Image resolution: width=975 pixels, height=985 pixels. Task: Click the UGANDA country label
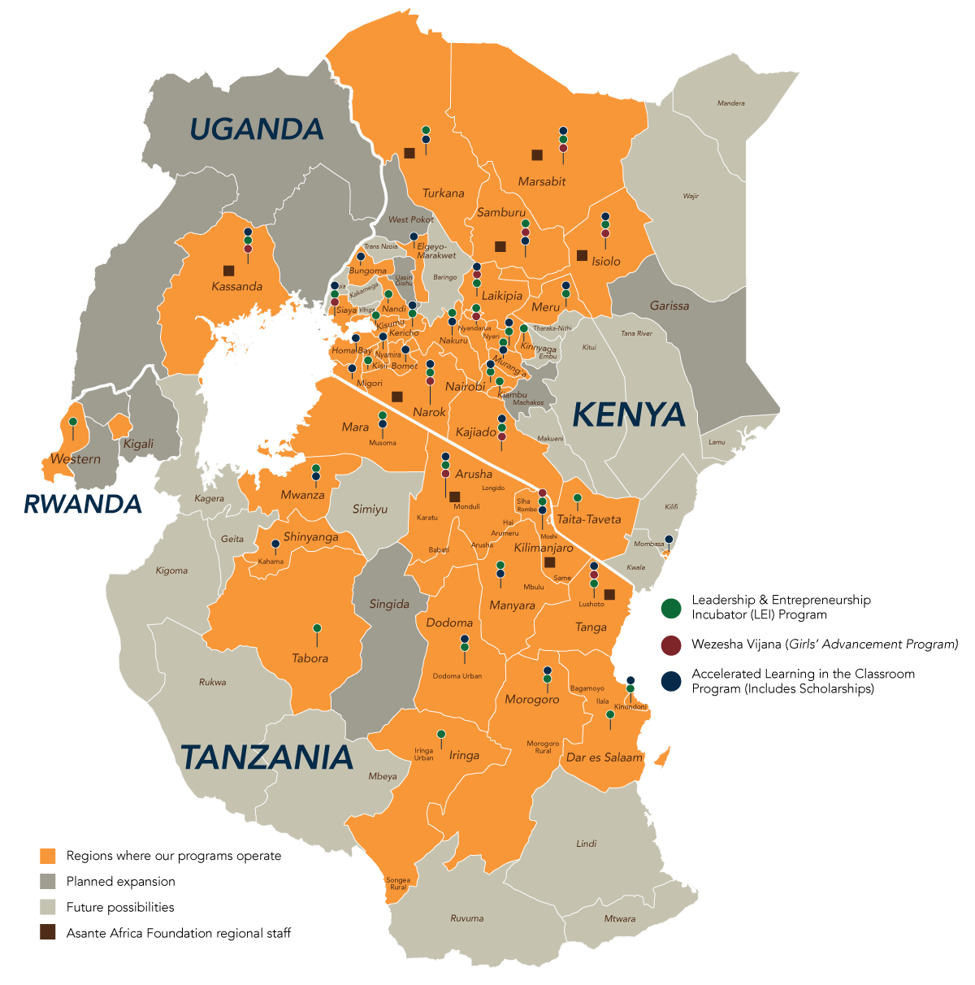pos(257,129)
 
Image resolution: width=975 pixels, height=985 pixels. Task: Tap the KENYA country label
pos(629,414)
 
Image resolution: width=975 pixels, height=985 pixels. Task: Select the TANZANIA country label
pos(266,757)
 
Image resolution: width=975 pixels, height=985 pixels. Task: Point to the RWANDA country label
pos(83,505)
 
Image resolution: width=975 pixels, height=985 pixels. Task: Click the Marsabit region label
pos(542,182)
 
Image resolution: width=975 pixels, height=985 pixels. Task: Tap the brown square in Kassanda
pos(228,271)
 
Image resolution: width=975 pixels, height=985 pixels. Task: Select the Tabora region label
pos(310,658)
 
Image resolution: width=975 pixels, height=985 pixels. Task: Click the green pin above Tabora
pos(317,628)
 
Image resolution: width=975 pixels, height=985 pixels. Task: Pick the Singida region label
pos(389,605)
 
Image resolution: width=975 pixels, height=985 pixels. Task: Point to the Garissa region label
pos(669,306)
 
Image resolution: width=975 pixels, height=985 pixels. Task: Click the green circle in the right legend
pos(670,608)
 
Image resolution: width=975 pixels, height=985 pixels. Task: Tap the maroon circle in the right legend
pos(670,645)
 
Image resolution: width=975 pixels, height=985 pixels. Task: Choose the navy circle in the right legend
pos(670,681)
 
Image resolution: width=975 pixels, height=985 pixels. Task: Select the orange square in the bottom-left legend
pos(48,856)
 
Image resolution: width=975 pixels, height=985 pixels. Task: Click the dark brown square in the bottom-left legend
pos(48,932)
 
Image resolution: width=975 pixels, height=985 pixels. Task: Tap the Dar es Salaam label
pos(604,757)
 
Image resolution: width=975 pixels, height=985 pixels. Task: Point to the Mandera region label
pos(730,103)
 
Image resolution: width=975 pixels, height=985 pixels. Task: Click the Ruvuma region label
pos(466,918)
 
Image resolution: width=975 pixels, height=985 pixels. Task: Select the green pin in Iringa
pos(441,734)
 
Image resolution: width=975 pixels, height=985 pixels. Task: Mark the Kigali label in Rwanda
pos(138,444)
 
